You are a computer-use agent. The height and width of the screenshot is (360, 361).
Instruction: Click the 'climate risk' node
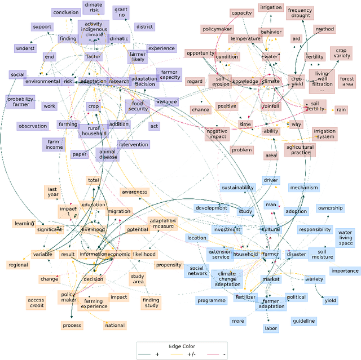point(93,7)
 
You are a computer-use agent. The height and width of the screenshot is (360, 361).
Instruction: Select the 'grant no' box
point(121,12)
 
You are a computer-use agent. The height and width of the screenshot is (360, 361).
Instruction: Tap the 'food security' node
point(138,106)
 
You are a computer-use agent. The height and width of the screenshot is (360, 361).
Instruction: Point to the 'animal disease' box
point(108,154)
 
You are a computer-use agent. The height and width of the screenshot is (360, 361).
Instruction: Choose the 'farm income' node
point(54,144)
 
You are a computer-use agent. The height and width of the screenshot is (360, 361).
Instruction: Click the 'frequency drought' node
point(300,13)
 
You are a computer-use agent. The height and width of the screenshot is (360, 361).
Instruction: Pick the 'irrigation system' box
point(324,134)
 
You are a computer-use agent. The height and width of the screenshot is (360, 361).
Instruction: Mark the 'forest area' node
point(347,82)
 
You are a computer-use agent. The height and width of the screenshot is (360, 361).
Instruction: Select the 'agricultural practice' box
point(300,150)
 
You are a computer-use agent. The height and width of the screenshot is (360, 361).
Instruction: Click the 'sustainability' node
point(237,188)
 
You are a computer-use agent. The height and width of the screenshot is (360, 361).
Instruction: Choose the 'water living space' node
point(346,237)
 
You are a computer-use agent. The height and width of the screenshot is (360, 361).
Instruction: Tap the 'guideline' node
point(303,321)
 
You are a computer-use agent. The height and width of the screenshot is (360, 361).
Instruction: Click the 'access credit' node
point(36,303)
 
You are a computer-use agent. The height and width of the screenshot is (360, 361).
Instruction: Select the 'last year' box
point(53,192)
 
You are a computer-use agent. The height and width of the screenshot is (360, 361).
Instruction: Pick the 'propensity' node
point(168,265)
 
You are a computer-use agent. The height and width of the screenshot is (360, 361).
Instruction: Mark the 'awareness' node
point(134,192)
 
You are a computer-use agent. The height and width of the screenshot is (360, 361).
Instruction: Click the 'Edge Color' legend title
point(182,346)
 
